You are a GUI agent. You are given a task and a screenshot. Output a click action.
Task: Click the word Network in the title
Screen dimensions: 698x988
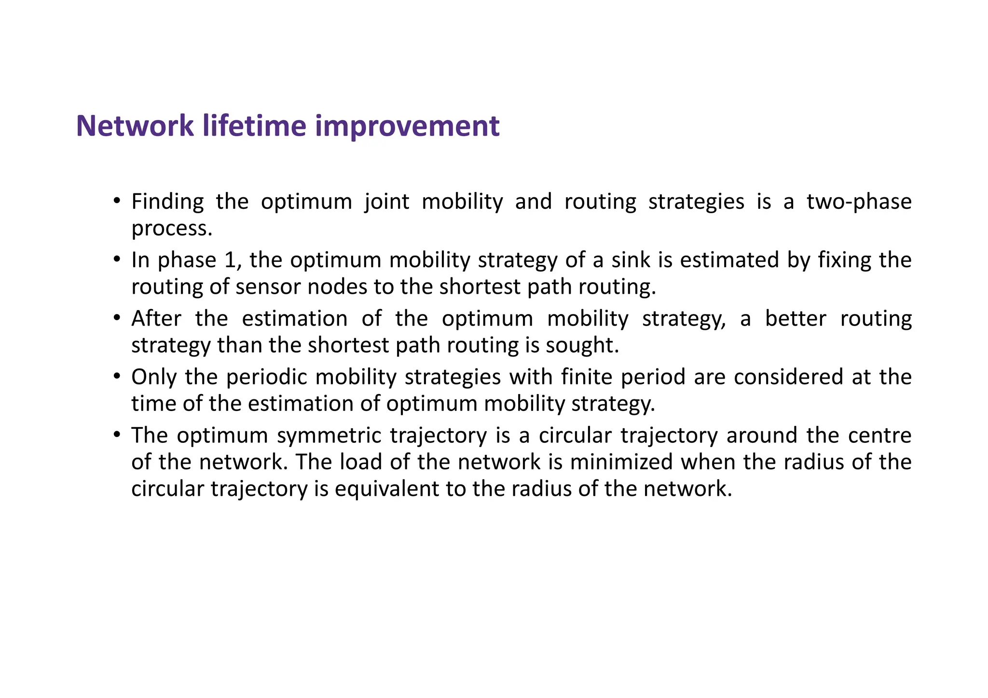pyautogui.click(x=135, y=126)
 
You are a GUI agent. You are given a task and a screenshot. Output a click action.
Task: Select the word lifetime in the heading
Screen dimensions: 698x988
pyautogui.click(x=254, y=126)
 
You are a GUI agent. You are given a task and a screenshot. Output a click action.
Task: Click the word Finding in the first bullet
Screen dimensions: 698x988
pyautogui.click(x=167, y=202)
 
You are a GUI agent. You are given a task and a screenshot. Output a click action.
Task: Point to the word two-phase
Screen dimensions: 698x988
pyautogui.click(x=859, y=202)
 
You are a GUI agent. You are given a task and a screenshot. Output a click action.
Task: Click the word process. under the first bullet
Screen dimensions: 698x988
pyautogui.click(x=172, y=229)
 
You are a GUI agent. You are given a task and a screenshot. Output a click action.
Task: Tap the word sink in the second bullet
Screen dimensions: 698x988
pyautogui.click(x=631, y=260)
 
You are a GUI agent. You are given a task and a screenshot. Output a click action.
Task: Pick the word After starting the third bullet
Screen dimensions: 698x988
pyautogui.click(x=156, y=319)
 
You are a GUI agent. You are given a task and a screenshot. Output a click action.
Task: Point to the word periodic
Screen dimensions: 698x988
pyautogui.click(x=266, y=377)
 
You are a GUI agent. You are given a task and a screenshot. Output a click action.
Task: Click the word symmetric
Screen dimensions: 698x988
pyautogui.click(x=329, y=436)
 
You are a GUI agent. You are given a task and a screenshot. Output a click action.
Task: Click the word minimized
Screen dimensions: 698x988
pyautogui.click(x=621, y=462)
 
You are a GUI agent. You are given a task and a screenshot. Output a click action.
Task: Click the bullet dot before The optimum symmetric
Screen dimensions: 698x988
pyautogui.click(x=116, y=435)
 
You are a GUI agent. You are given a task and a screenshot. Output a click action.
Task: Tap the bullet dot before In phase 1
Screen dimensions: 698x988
pyautogui.click(x=116, y=260)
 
